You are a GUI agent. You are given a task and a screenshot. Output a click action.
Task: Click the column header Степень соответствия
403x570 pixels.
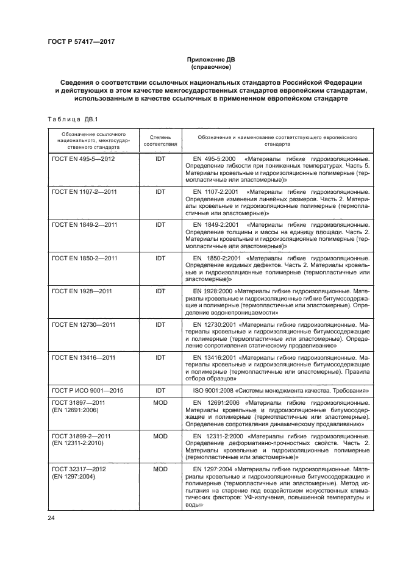[x=160, y=140]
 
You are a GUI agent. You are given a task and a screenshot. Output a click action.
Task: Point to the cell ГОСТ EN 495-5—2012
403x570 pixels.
[x=84, y=157]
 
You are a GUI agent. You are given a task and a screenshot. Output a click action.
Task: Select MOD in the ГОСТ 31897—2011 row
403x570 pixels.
[x=160, y=403]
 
